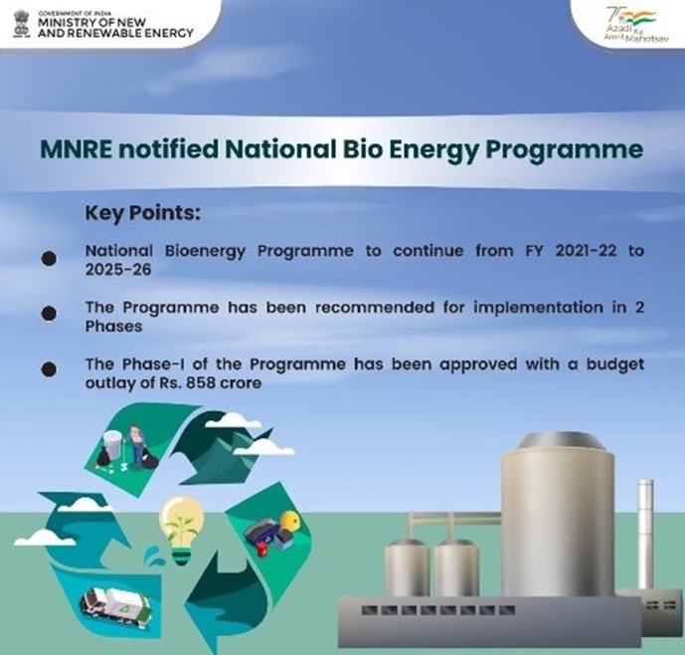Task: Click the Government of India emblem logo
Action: coord(21,24)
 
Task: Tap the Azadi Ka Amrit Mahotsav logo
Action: coord(630,25)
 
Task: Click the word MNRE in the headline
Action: coord(77,149)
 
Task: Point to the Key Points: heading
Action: coord(143,213)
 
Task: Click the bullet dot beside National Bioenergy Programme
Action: coord(49,258)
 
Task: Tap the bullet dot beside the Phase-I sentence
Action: coord(49,369)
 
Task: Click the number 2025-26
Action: coord(118,270)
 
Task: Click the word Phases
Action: coord(113,327)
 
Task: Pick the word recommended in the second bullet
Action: coord(375,308)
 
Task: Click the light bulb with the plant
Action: coord(181,530)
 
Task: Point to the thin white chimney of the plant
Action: coord(645,535)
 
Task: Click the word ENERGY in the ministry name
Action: coord(168,33)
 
